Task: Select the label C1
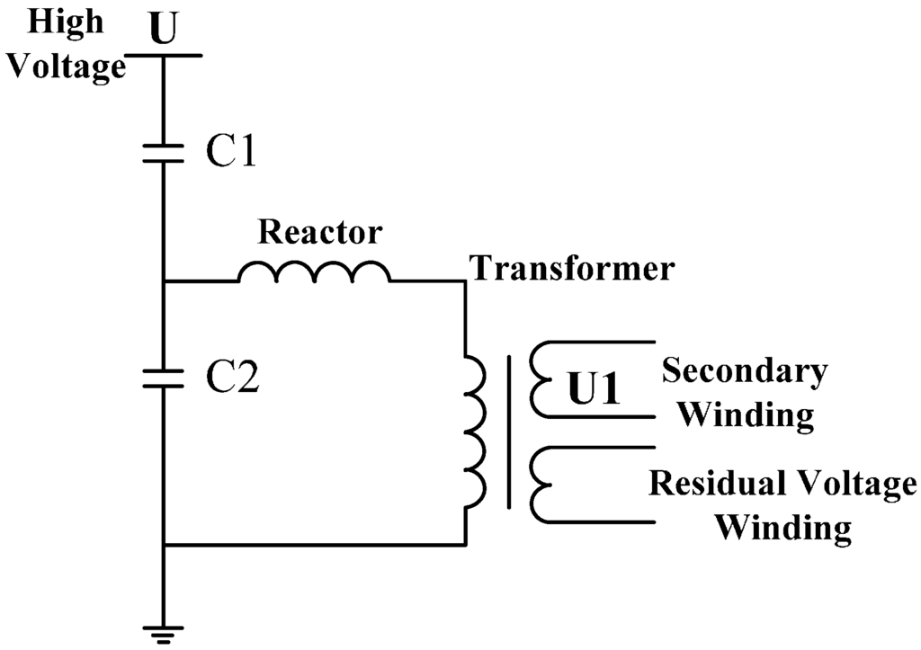231,154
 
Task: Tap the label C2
231,379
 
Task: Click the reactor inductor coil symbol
314,272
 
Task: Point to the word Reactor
320,232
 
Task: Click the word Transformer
573,267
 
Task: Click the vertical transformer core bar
510,432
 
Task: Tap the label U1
595,389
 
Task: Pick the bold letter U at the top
163,30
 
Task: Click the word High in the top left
67,22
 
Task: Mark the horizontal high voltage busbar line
163,56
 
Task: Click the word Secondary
745,370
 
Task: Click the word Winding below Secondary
746,414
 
